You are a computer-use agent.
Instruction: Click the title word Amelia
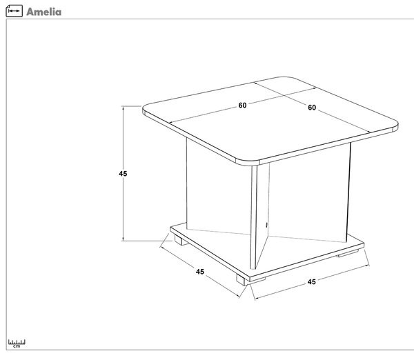point(44,12)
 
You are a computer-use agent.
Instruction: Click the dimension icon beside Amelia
point(14,11)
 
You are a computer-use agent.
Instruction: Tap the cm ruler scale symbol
point(17,343)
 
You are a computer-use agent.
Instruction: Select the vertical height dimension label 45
point(123,174)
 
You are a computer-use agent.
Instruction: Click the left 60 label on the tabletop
point(242,106)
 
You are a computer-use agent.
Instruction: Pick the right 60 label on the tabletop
point(312,108)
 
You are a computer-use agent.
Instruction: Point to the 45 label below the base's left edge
point(200,272)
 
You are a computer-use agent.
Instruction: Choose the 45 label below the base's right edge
point(312,282)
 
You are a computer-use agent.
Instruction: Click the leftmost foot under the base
point(181,240)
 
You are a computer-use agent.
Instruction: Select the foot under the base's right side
point(347,253)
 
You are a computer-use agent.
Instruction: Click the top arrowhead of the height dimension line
point(123,108)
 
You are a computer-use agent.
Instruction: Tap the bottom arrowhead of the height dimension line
point(123,239)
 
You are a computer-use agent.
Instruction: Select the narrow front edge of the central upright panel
point(253,217)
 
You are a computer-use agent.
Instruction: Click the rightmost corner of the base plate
point(364,245)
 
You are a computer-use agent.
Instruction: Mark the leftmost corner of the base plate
point(171,228)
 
